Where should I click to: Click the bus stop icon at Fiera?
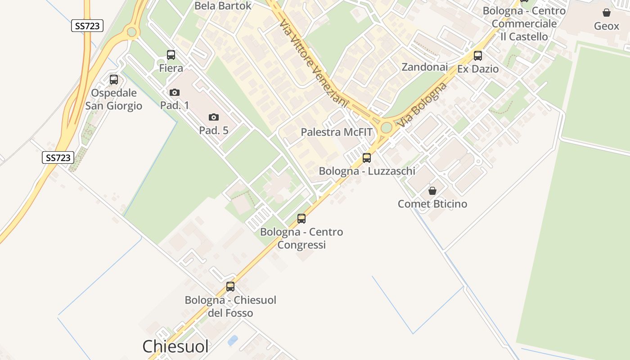[171, 55]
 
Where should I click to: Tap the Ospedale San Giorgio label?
[114, 99]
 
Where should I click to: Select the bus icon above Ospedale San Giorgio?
[114, 80]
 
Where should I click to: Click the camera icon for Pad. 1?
[175, 92]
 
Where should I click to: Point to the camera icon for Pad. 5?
[214, 117]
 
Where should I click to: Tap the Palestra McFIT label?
[337, 132]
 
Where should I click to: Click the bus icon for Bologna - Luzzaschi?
[367, 158]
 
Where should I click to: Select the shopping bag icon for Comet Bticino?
[432, 191]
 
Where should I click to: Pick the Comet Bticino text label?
[432, 204]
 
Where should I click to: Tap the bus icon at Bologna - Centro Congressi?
[301, 219]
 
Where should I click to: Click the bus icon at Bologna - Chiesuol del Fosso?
[230, 287]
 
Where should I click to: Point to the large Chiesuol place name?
[175, 346]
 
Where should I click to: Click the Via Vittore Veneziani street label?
[314, 63]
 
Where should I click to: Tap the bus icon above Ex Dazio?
[478, 56]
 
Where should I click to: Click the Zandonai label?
[424, 67]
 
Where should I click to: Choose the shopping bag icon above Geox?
[607, 13]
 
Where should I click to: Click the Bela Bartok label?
[223, 6]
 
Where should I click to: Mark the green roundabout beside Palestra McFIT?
[386, 127]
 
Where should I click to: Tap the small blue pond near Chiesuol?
[233, 340]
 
